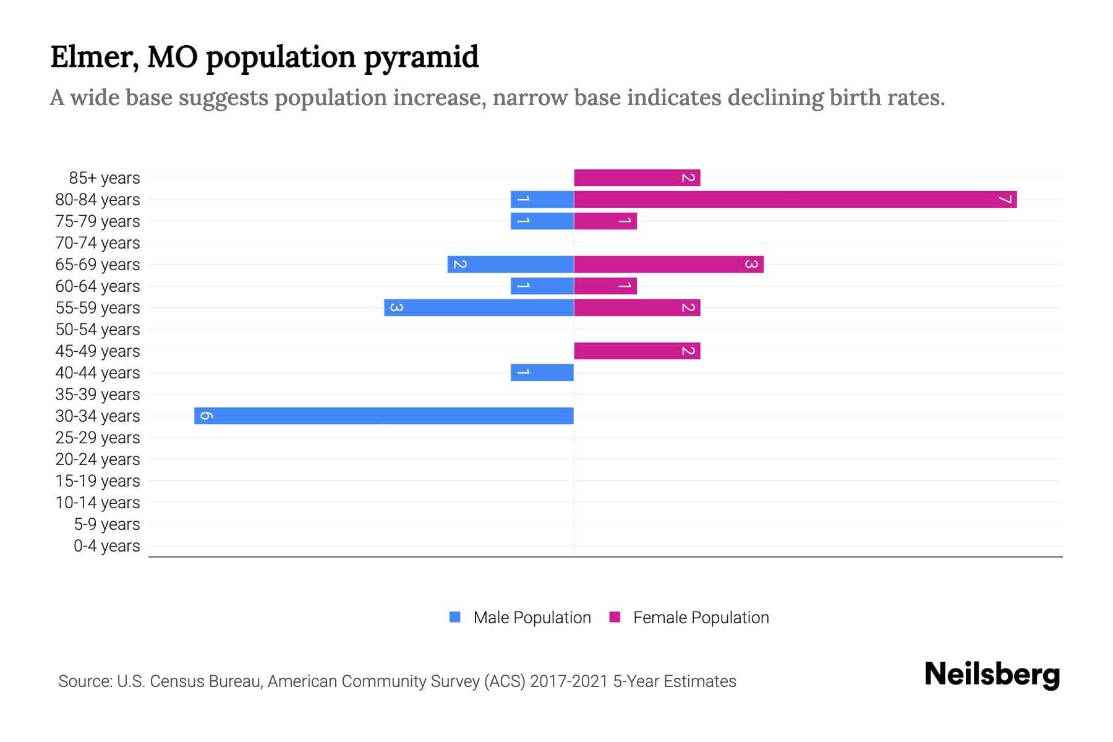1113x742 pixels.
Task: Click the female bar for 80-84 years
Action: (x=795, y=199)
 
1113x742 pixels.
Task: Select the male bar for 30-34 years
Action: (x=383, y=416)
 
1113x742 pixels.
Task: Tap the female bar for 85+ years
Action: (x=637, y=177)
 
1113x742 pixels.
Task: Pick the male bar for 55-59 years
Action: (x=479, y=307)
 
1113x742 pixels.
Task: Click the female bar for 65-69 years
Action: (x=668, y=264)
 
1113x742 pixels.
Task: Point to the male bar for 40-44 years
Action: (x=542, y=372)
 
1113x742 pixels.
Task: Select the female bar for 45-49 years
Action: (x=637, y=351)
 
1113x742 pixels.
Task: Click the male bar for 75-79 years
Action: (x=542, y=221)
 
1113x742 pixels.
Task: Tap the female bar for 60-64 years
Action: (x=605, y=286)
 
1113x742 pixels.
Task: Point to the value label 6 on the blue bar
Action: (x=207, y=416)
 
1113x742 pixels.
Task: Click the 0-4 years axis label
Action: (x=106, y=546)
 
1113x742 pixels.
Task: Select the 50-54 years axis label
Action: (x=98, y=330)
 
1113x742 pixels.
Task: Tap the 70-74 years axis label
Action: (x=98, y=243)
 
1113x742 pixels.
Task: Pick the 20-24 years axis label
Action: (x=98, y=459)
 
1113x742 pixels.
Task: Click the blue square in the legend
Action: (x=455, y=617)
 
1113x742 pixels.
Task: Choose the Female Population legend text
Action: (x=701, y=617)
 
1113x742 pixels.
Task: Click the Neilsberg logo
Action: (x=992, y=674)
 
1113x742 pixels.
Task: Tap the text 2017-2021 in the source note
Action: (x=569, y=681)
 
